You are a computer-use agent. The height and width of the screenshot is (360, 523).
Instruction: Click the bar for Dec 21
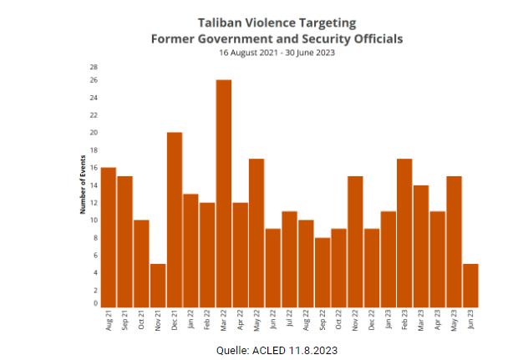click(175, 220)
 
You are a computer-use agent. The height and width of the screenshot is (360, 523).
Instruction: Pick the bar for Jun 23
click(470, 286)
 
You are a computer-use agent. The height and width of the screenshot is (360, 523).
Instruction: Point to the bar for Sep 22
click(322, 272)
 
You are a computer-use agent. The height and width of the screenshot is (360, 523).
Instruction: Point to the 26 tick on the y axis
click(95, 80)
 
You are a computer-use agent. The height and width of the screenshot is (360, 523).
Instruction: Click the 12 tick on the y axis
click(95, 203)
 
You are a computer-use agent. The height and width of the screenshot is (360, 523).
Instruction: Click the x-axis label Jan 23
click(388, 321)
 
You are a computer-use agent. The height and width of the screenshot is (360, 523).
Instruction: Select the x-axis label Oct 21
click(142, 321)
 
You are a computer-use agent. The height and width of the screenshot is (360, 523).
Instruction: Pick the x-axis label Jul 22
click(290, 321)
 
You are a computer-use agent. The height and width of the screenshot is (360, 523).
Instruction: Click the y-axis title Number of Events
click(84, 184)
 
